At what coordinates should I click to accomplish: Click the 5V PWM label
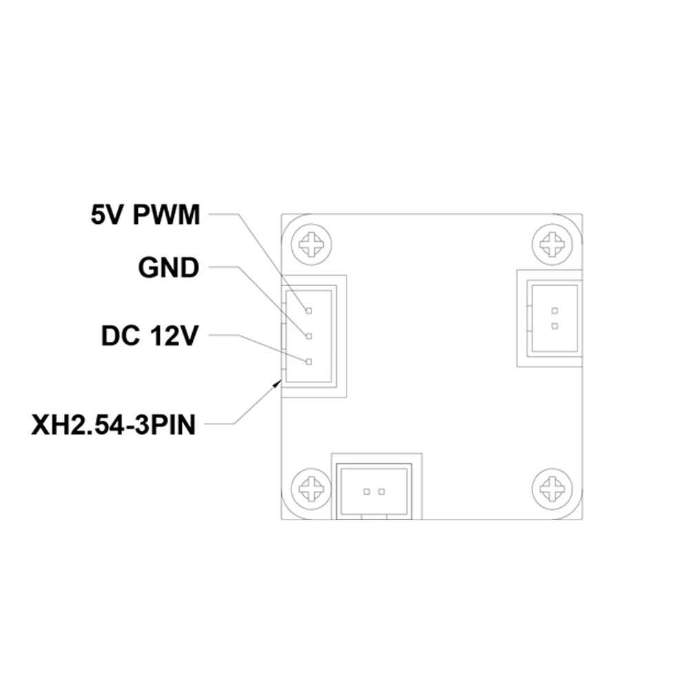[145, 215]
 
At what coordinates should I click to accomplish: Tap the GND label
[169, 267]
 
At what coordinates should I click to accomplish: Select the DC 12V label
[150, 336]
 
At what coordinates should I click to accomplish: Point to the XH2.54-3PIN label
[114, 425]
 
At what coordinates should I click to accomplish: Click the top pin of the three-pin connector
[309, 311]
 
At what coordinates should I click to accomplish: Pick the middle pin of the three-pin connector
[309, 336]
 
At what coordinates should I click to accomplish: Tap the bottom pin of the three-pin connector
[309, 362]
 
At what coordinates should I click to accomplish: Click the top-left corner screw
[311, 245]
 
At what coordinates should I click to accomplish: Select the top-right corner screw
[553, 245]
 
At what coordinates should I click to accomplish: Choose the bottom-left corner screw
[311, 489]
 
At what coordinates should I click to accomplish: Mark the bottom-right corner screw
[553, 489]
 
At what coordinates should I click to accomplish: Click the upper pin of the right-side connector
[555, 311]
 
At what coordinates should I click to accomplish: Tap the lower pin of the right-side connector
[555, 326]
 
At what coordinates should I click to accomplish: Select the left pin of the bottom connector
[366, 492]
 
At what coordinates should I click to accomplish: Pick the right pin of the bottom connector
[382, 492]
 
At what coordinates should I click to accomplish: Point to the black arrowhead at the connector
[277, 384]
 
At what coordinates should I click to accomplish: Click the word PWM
[167, 215]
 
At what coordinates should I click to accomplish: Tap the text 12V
[174, 336]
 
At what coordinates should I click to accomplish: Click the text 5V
[105, 215]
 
